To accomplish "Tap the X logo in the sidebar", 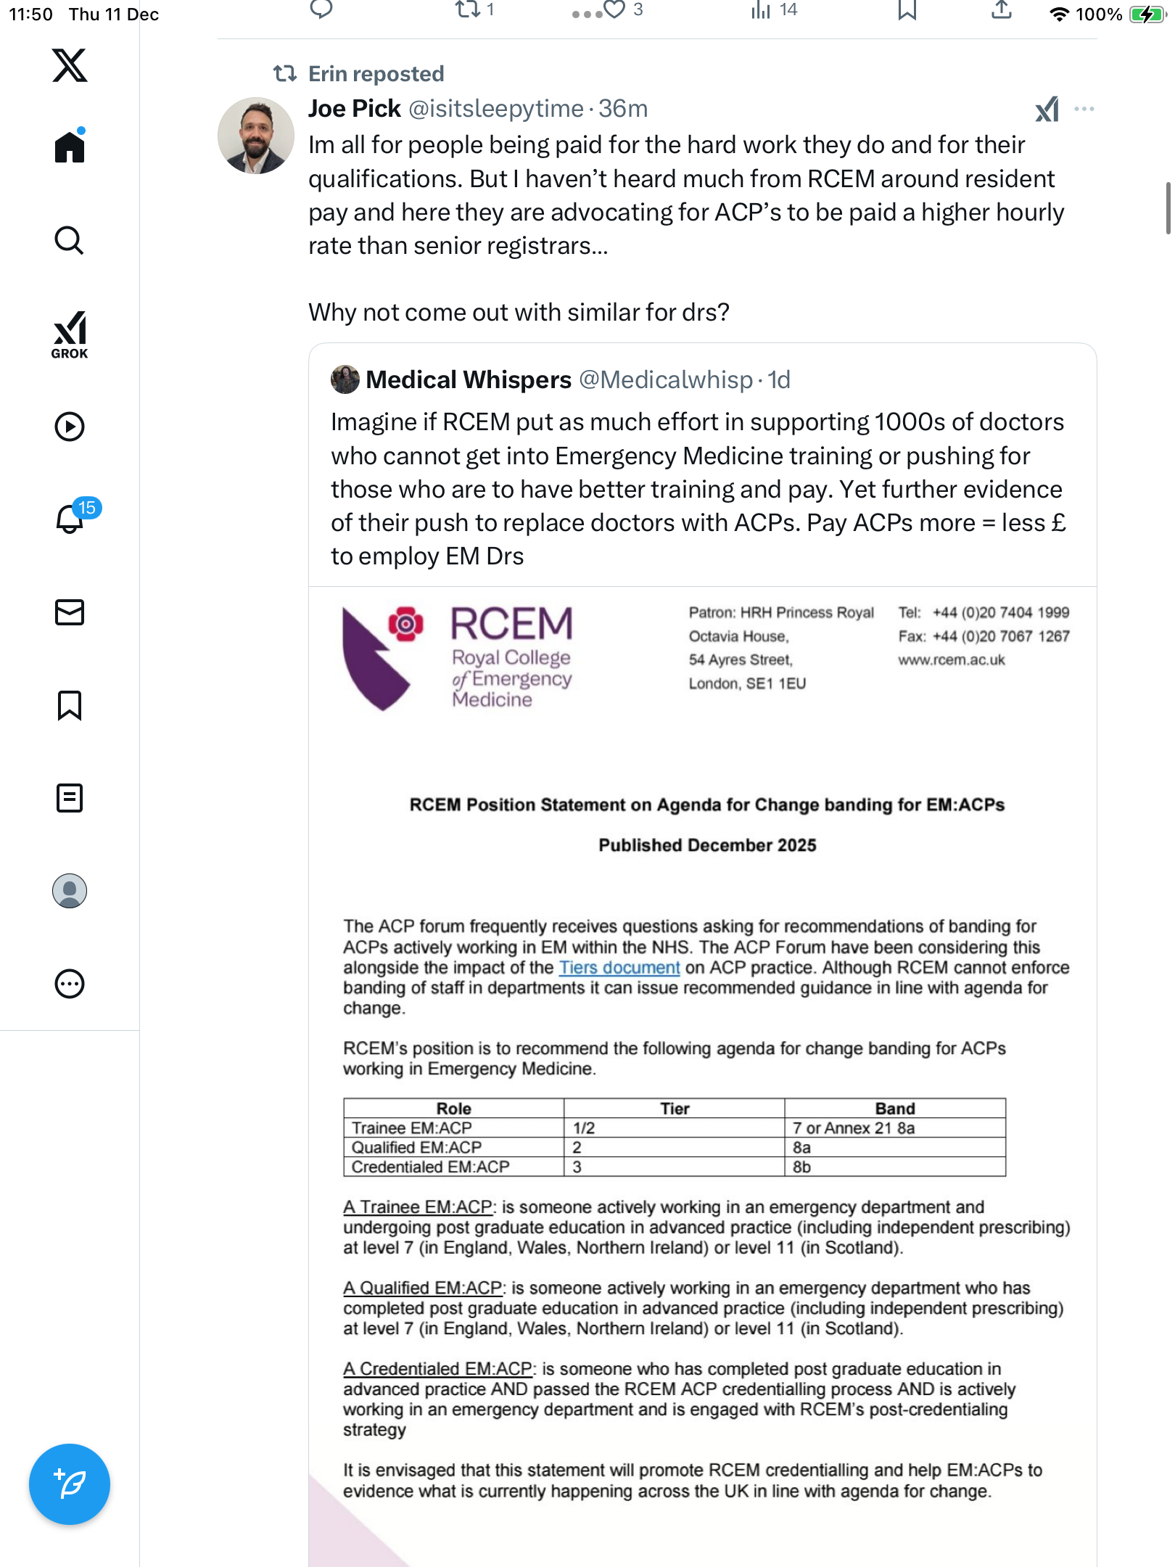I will coord(70,65).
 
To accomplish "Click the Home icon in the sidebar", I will coord(70,147).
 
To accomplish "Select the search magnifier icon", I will coord(70,240).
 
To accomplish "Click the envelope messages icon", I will coord(70,612).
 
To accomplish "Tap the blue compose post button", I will coord(70,1484).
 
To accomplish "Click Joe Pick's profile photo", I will coord(255,136).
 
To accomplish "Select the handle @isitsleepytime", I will coord(496,109).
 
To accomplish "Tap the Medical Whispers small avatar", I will coord(345,379).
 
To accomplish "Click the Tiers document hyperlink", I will coord(619,968).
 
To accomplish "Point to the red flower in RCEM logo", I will coord(406,623).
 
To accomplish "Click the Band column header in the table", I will coord(894,1109).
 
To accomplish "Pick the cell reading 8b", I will coord(801,1167).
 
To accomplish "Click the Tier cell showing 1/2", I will coord(584,1128).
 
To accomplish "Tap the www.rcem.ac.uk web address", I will coord(951,660).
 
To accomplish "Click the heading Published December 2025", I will coord(707,845).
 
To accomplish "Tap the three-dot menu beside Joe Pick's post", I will coord(1084,109).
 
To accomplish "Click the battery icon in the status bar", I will coord(1146,14).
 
